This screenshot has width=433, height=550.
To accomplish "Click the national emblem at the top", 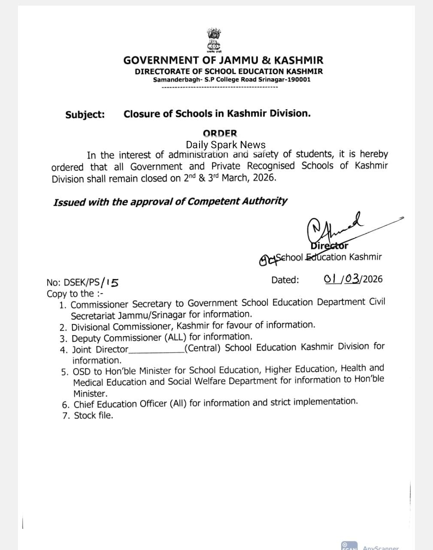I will point(213,40).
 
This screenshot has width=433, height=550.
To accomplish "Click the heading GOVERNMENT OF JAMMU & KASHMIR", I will point(223,61).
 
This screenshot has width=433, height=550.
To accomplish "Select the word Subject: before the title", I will point(85,115).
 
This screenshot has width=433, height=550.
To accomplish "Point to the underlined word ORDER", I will point(220,134).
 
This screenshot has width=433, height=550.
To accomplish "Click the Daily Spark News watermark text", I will point(225,145).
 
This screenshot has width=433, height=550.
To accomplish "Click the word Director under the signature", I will point(329,246).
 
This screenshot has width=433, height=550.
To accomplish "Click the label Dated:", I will point(285,280).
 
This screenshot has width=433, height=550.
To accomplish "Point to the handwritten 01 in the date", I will point(331,279).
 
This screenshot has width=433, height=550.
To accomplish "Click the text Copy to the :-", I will point(75,294).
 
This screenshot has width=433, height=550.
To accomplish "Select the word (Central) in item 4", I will point(203,348).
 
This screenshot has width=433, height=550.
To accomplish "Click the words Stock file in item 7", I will point(93,416).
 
